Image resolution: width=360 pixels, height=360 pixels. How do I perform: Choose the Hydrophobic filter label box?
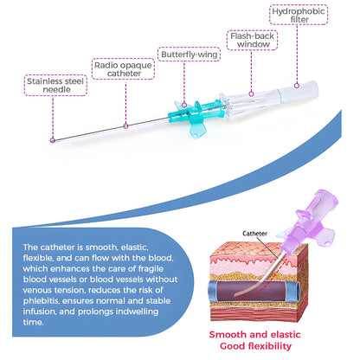[295, 16]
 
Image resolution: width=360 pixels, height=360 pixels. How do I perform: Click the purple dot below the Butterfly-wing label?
[185, 106]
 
